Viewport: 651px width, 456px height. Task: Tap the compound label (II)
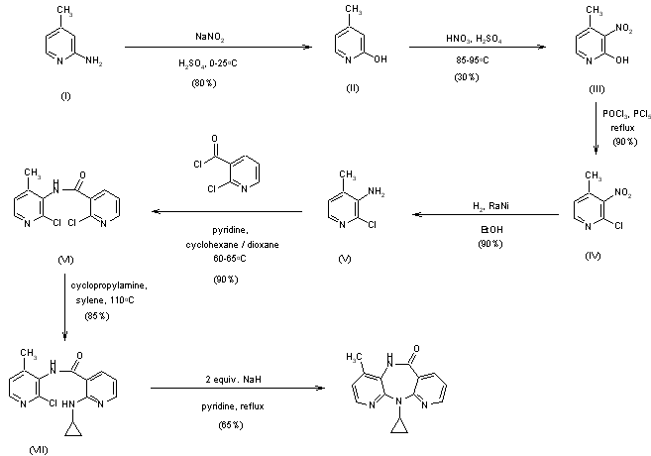tap(352, 99)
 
